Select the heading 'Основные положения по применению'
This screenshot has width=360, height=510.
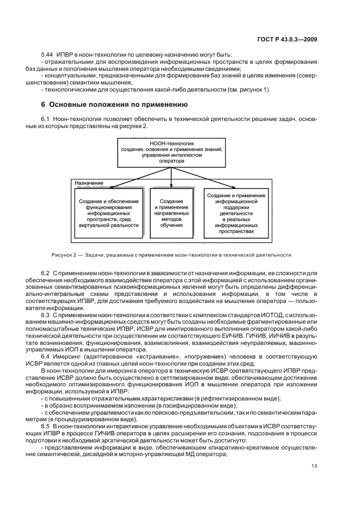[114, 104]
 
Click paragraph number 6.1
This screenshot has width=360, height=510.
[46, 119]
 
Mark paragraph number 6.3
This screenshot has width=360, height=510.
[46, 315]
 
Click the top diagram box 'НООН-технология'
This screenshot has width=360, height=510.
[171, 152]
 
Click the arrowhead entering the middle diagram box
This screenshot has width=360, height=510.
[172, 187]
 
